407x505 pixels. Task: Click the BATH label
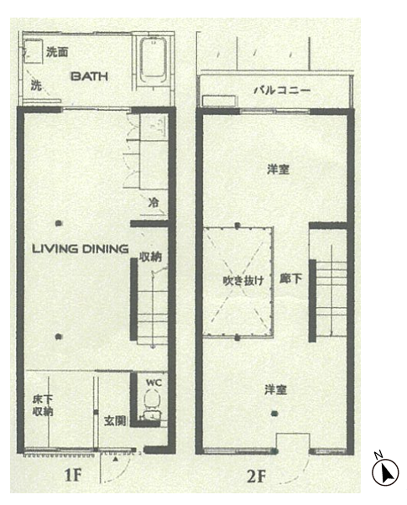pyautogui.click(x=89, y=76)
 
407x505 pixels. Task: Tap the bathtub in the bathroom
pyautogui.click(x=153, y=61)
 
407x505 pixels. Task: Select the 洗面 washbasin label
pyautogui.click(x=57, y=52)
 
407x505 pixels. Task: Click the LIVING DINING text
pyautogui.click(x=81, y=248)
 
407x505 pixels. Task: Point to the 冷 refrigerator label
pyautogui.click(x=154, y=202)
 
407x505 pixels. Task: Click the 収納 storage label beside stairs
pyautogui.click(x=150, y=257)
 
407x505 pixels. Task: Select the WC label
pyautogui.click(x=154, y=383)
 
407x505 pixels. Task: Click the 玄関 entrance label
pyautogui.click(x=115, y=420)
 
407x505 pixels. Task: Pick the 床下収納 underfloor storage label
pyautogui.click(x=43, y=405)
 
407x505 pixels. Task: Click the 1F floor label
pyautogui.click(x=72, y=475)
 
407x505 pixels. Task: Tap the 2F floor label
pyautogui.click(x=257, y=476)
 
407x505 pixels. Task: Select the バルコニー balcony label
pyautogui.click(x=282, y=90)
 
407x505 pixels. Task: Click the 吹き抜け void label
pyautogui.click(x=243, y=280)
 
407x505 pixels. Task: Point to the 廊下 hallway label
pyautogui.click(x=290, y=279)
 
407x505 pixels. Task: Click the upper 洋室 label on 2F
pyautogui.click(x=278, y=169)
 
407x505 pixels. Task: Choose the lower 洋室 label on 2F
pyautogui.click(x=275, y=390)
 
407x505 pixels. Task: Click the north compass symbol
pyautogui.click(x=385, y=472)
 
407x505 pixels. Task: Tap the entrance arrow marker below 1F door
pyautogui.click(x=116, y=460)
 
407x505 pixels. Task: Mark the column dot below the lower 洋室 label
pyautogui.click(x=274, y=414)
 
